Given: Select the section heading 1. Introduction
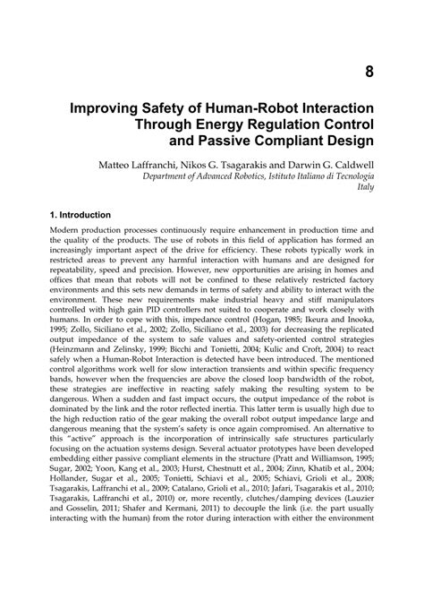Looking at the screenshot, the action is coord(68,216).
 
